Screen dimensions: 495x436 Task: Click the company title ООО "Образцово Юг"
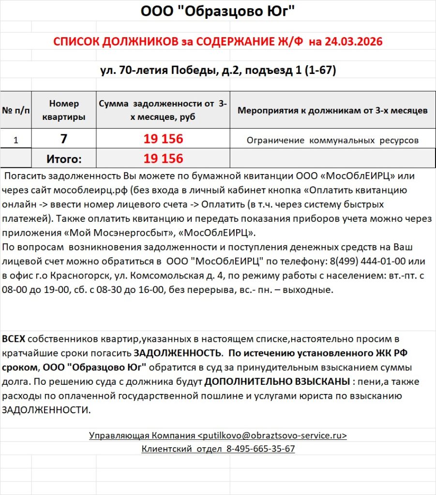218,11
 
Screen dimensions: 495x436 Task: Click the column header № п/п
15,110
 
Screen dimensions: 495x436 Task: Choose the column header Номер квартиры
64,110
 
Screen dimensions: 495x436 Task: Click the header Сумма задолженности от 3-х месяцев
163,110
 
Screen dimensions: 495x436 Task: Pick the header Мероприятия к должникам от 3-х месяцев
332,111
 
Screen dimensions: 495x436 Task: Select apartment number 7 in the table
64,139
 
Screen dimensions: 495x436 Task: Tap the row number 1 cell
15,140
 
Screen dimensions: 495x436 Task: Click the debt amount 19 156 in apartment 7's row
163,139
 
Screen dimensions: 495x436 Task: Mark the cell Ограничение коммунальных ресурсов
332,141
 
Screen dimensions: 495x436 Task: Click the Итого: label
64,159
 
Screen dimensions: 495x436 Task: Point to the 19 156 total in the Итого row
163,159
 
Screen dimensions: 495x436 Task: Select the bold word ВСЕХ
14,339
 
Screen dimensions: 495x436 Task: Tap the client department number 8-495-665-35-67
260,449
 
